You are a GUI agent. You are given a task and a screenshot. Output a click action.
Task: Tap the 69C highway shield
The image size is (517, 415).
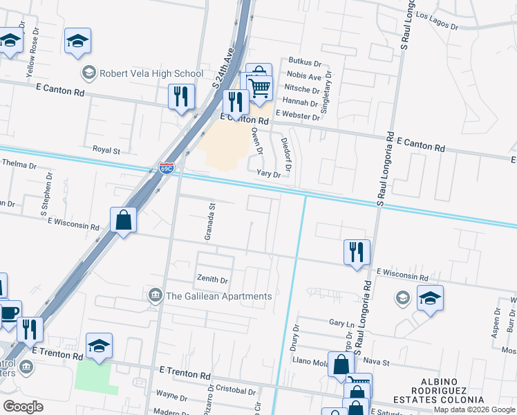click(167, 168)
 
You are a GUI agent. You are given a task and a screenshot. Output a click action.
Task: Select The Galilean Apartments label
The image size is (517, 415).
click(218, 297)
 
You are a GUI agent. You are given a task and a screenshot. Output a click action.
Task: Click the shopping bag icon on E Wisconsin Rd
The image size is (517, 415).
click(123, 220)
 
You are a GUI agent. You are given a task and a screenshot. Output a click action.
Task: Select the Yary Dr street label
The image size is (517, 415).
click(268, 174)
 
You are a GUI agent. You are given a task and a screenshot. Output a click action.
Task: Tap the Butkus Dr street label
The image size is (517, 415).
click(305, 64)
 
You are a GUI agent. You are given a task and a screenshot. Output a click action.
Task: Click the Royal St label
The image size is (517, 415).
click(106, 149)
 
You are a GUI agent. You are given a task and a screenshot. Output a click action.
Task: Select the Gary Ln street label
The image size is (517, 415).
click(341, 323)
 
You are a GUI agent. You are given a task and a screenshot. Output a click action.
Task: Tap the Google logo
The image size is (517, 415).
click(23, 406)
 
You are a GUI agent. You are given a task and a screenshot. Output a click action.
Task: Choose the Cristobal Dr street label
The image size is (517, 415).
click(236, 390)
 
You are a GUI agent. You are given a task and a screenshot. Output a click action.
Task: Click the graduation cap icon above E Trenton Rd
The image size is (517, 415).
click(99, 346)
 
